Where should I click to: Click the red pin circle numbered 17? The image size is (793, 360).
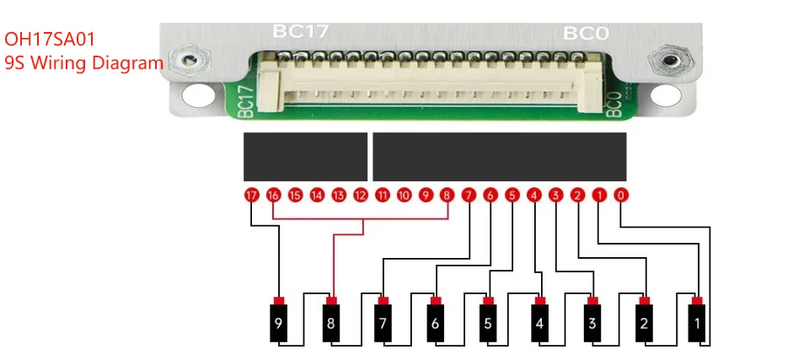pos(250,196)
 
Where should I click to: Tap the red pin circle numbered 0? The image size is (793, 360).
pos(621,196)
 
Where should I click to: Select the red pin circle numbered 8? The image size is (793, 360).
pos(447,196)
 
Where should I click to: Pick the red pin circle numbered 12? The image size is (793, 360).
pos(360,196)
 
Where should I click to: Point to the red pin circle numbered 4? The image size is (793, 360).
pos(533,196)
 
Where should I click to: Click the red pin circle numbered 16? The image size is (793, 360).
pos(272,196)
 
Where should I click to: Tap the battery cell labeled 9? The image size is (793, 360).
pos(278,321)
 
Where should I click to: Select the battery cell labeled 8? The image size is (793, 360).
pos(330,321)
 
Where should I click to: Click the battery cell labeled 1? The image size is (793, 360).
pos(697,321)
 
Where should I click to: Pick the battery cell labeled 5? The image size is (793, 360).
pos(487,321)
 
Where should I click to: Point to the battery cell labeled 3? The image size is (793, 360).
pos(592,321)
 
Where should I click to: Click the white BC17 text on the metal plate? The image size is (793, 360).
pos(300,32)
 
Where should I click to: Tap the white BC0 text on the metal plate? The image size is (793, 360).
pos(586,33)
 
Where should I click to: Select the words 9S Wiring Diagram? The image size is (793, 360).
pos(83,62)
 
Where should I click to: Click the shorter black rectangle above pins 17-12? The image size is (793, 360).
pos(305,157)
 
